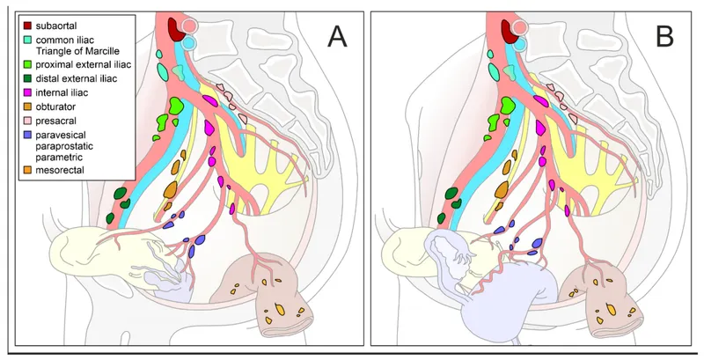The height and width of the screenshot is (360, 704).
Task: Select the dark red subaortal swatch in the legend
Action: [27, 25]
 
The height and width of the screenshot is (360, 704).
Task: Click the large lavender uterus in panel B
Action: [519, 299]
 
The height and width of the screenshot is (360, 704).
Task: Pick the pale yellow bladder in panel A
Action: [88, 251]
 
